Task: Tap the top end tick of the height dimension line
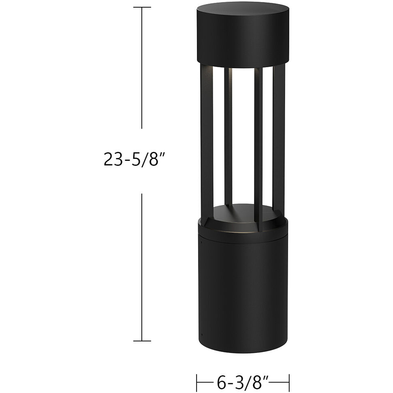(x=142, y=7)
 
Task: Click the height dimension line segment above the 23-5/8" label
(x=142, y=69)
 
